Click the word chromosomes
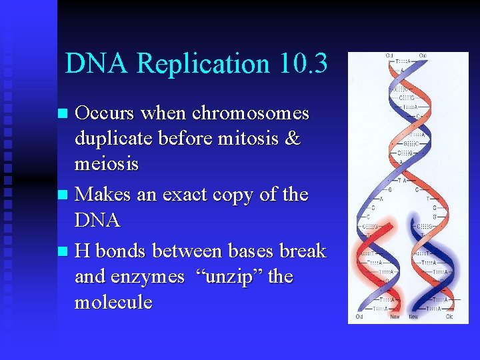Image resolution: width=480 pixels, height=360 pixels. click(251, 113)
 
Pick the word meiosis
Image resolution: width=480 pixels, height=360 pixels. click(106, 164)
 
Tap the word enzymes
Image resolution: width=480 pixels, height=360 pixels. click(149, 277)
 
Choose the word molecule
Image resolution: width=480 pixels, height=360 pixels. click(113, 302)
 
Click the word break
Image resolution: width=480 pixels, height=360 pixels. click(303, 251)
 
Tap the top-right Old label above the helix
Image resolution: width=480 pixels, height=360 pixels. click(423, 56)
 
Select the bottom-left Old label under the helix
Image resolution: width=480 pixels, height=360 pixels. click(360, 317)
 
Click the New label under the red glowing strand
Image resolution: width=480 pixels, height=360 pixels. click(395, 317)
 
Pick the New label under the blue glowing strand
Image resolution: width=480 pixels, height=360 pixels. click(413, 317)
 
